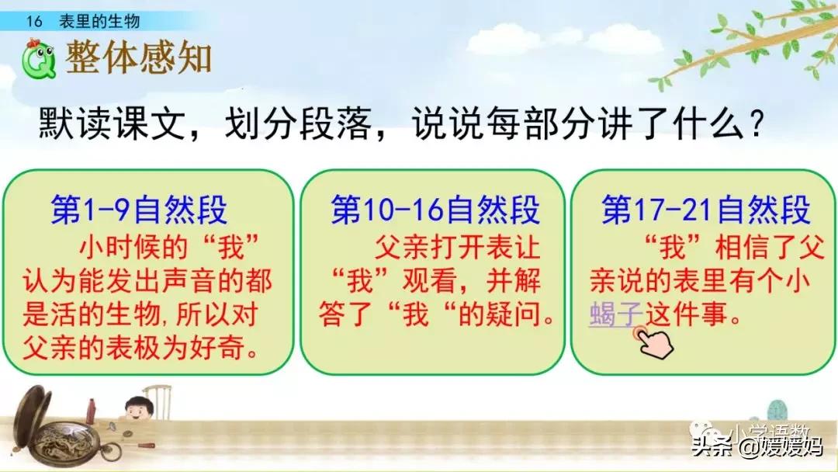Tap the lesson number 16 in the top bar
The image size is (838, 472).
(x=33, y=22)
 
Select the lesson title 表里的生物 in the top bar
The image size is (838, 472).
(x=100, y=22)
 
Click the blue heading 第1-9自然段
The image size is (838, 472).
(x=139, y=210)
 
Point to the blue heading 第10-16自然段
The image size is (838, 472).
(x=435, y=210)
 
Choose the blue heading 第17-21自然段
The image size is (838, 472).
(x=706, y=210)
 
